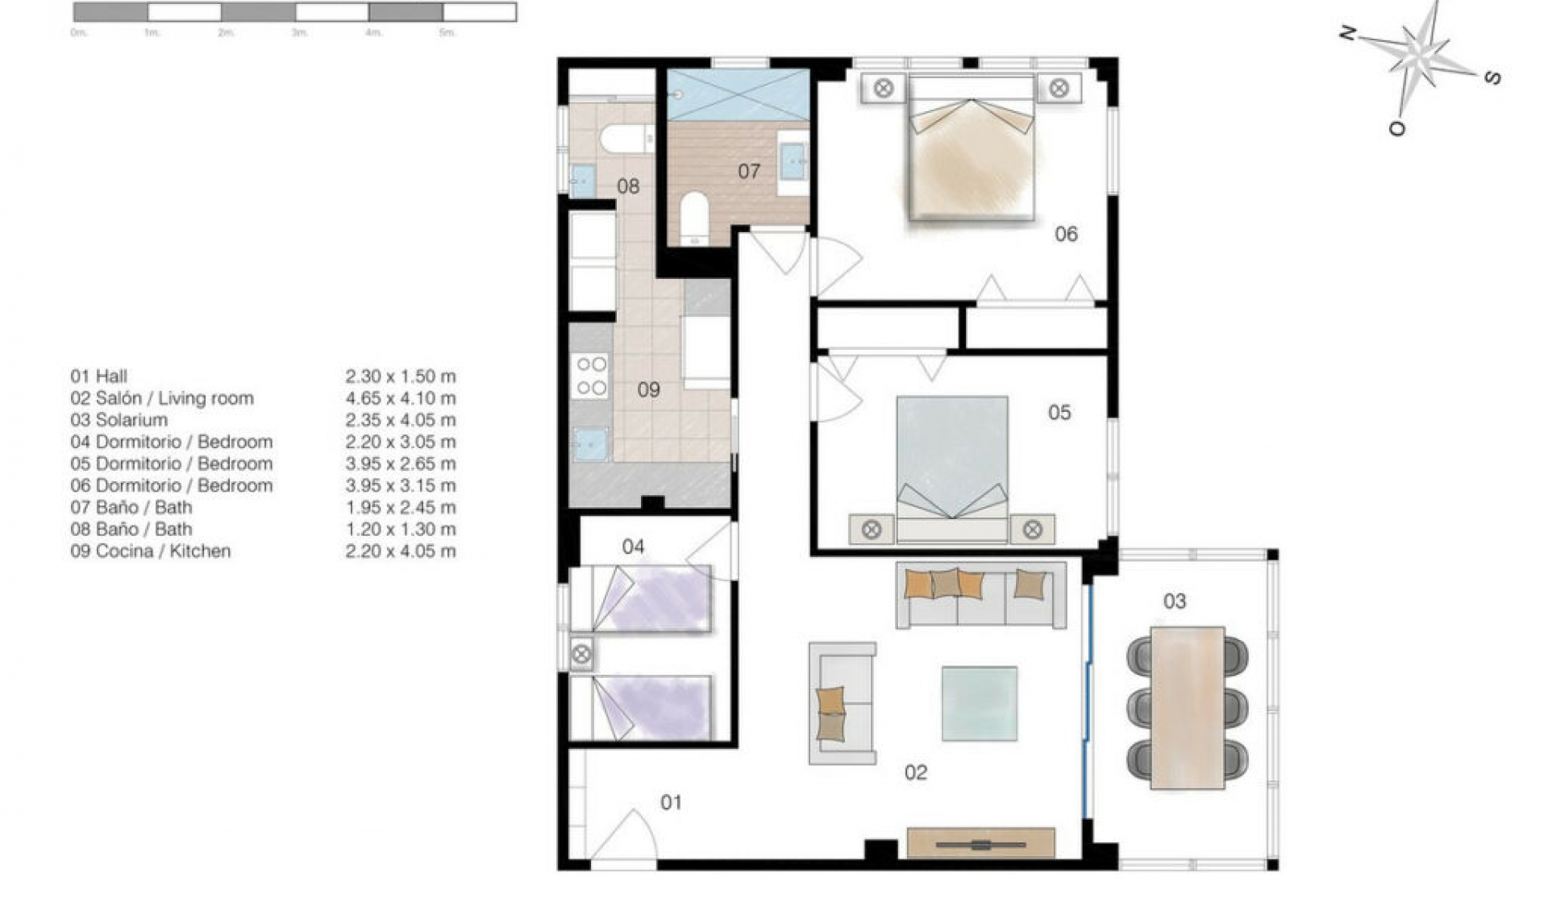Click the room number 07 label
(x=748, y=171)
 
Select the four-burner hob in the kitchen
(x=590, y=376)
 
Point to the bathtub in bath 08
(x=626, y=139)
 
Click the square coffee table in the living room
(x=979, y=703)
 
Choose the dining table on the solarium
(x=1187, y=708)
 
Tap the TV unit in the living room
(x=980, y=843)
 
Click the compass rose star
(x=1421, y=55)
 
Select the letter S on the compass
(x=1492, y=77)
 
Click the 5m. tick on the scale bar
(x=447, y=33)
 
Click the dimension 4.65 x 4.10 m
(x=400, y=398)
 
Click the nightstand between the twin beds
(x=581, y=654)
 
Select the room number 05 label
(x=1059, y=413)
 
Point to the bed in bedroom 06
(x=972, y=149)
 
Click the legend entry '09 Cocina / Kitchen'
(x=151, y=551)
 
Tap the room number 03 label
(x=1174, y=601)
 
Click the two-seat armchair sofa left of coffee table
(x=843, y=703)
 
